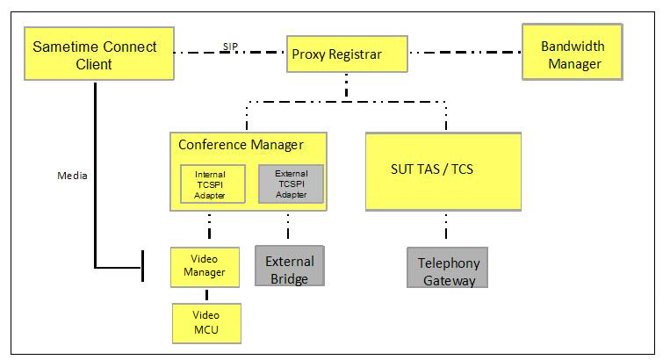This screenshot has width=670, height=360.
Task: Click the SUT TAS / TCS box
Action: point(443,170)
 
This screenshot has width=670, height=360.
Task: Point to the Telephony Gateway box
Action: point(447,268)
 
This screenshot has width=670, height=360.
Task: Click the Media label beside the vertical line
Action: point(71,175)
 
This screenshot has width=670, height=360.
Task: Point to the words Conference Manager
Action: point(240,144)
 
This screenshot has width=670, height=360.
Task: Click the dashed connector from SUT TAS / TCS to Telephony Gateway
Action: point(445,228)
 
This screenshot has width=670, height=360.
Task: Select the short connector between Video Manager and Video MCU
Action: point(206,292)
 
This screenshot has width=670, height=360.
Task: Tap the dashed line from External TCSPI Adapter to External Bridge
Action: point(288,227)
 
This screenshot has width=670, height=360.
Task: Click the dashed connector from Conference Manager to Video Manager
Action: point(209,228)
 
